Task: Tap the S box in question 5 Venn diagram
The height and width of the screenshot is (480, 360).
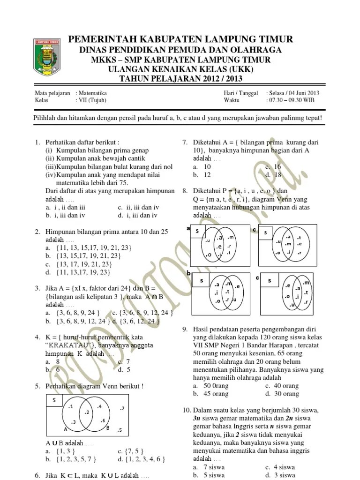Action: tap(54, 399)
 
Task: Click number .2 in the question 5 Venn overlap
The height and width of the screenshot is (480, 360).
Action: tap(87, 412)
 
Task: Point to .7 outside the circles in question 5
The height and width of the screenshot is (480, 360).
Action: tap(121, 409)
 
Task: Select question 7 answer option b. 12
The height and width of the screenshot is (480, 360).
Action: tap(202, 175)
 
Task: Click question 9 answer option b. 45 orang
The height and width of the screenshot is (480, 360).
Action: tap(210, 394)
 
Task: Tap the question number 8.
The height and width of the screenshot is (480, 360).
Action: tap(185, 191)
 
